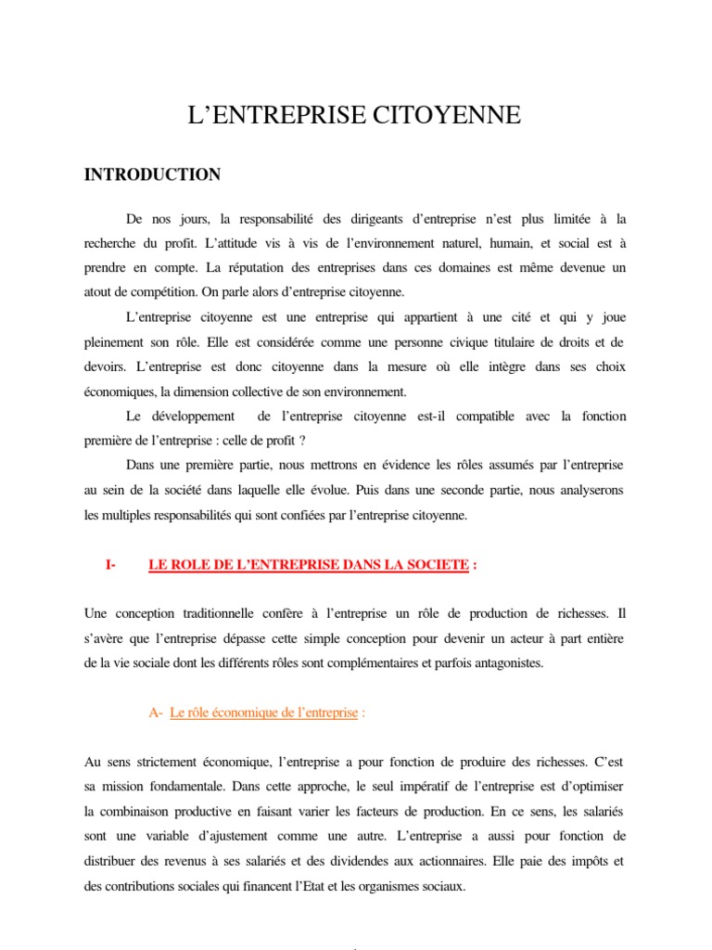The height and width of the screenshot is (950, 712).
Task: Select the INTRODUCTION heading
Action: [x=153, y=174]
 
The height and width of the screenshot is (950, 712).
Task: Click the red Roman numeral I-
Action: [x=110, y=565]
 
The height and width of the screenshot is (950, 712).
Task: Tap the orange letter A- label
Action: [x=155, y=712]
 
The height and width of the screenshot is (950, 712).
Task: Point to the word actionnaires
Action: [x=523, y=860]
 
